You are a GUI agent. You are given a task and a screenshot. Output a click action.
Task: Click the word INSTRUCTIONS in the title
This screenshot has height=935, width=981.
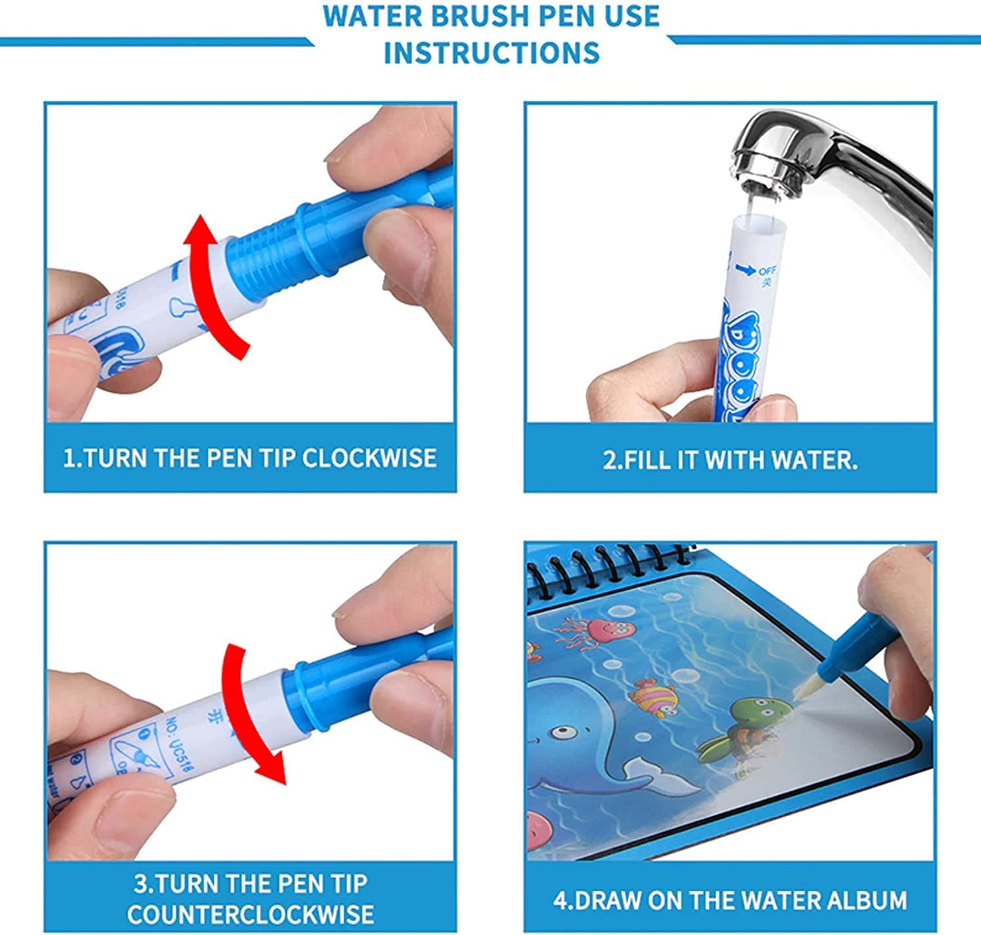(x=491, y=52)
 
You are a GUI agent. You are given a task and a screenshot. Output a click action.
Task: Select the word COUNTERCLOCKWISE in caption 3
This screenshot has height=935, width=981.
(x=250, y=913)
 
